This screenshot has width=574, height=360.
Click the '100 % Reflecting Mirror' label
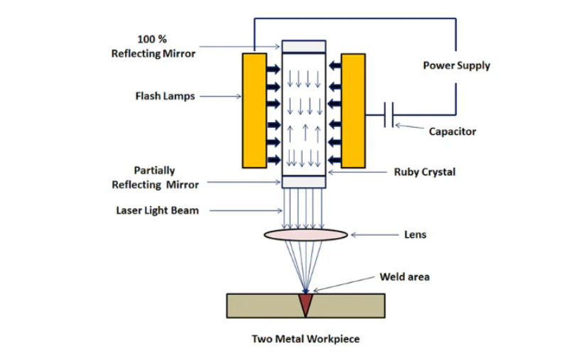pos(153,46)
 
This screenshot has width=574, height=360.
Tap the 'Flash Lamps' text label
pos(165,96)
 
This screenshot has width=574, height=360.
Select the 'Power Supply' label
pos(456,65)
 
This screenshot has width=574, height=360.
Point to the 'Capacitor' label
pos(453,131)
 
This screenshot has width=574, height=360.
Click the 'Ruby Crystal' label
pos(424,172)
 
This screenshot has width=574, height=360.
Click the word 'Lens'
pos(415,234)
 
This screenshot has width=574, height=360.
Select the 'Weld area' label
pos(404,276)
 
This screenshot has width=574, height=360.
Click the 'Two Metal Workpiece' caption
pos(305,339)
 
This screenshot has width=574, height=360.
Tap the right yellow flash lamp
pos(353,110)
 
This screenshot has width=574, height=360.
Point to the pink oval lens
pos(305,234)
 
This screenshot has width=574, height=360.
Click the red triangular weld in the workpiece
pos(305,304)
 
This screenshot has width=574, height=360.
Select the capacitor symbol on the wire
pos(388,115)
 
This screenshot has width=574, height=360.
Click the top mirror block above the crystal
pos(304,46)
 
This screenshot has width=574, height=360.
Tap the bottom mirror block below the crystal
pos(304,182)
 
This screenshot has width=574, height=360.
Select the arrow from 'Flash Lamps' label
pos(220,96)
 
